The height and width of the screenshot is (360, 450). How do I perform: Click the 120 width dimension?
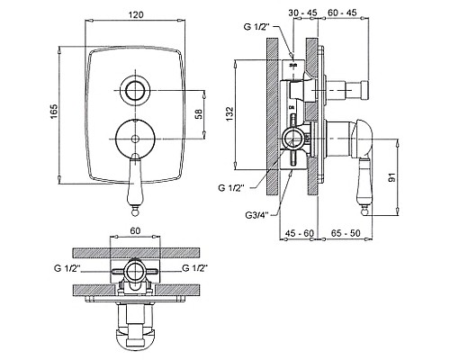(x=136, y=14)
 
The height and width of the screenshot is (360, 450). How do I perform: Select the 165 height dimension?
(x=54, y=111)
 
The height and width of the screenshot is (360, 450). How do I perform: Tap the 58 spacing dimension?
(x=199, y=114)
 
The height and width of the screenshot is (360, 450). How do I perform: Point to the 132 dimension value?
(x=229, y=113)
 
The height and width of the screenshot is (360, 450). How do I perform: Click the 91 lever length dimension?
(x=391, y=177)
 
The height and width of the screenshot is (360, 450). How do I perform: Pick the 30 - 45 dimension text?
(x=302, y=13)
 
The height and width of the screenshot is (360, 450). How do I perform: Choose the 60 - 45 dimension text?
(x=342, y=13)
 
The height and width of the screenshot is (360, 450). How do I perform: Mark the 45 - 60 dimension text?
(x=299, y=233)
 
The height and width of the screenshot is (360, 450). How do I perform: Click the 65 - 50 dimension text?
(x=346, y=233)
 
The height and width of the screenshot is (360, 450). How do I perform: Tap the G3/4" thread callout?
(x=257, y=215)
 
